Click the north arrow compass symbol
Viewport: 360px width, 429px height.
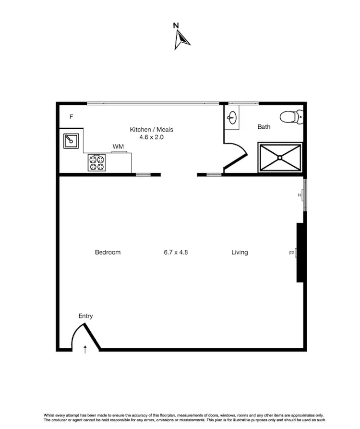tap(181, 39)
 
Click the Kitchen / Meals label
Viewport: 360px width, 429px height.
tap(151, 129)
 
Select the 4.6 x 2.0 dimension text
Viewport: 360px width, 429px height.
tap(151, 137)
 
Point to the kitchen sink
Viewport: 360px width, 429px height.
tap(70, 140)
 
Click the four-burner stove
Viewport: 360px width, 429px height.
tap(96, 162)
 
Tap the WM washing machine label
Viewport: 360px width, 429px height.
tap(118, 146)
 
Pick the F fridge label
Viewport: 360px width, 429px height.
tap(71, 117)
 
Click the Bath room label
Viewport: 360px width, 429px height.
tap(264, 127)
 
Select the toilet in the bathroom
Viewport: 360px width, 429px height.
tap(292, 116)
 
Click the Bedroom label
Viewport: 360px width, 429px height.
tap(108, 252)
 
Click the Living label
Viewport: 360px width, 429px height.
tap(240, 252)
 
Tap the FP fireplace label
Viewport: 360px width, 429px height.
tap(291, 252)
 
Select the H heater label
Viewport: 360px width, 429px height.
tap(300, 195)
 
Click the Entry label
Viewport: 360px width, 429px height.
tap(85, 316)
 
